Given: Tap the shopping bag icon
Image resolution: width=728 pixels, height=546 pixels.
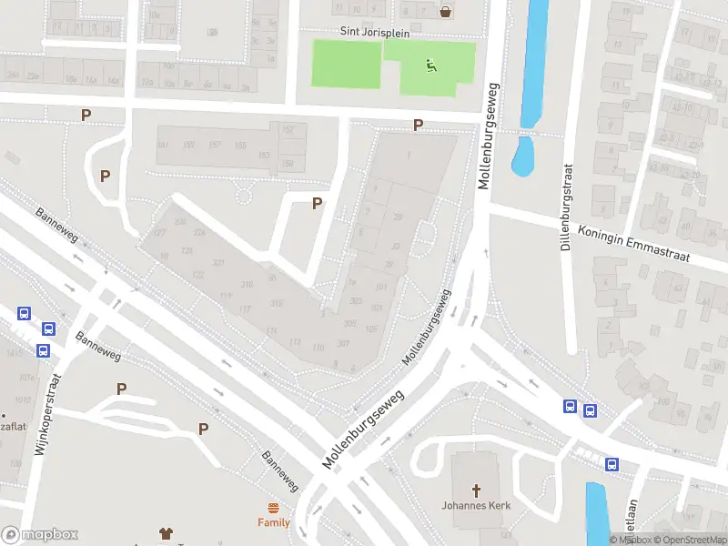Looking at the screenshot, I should pos(446,12).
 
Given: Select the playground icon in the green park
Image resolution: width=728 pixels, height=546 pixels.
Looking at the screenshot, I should pos(430,64).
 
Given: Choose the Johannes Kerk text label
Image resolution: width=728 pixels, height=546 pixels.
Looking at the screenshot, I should pos(476,505).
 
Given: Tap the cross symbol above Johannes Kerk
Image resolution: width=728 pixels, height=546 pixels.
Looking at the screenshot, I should pos(476,489).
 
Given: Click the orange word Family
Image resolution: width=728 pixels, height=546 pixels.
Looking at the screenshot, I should pos(273,522).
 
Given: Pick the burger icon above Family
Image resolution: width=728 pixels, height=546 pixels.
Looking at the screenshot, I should pos(273,508).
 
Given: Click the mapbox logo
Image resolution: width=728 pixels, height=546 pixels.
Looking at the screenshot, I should pos(39,535).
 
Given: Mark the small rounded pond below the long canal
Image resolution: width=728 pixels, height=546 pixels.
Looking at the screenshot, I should pos(522,156).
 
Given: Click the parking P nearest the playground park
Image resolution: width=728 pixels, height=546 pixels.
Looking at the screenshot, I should pos(418,126).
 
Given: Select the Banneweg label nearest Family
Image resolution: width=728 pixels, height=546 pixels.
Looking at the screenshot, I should pos(280,470).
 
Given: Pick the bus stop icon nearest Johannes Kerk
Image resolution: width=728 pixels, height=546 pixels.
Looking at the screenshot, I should pos(611,464).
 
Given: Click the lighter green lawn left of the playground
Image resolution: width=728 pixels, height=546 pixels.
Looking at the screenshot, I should pos(346,64).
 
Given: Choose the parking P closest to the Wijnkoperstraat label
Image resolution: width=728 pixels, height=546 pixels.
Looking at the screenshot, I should pos(121,389).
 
